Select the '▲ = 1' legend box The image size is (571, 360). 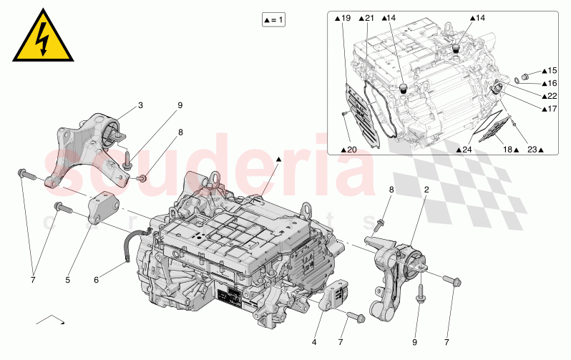tap(274, 19)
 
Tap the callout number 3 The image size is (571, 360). tap(140, 105)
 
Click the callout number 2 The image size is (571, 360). tap(427, 190)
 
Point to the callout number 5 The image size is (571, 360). tap(68, 280)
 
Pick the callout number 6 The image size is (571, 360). tap(97, 280)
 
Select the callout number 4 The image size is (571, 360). tap(313, 342)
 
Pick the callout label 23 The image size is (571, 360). tap(533, 150)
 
